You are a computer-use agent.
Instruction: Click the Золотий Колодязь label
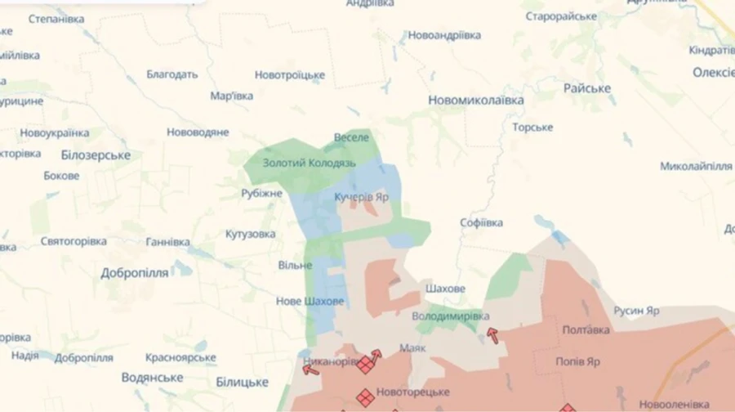[x=309, y=163]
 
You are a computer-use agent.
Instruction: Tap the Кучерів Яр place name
[x=362, y=197]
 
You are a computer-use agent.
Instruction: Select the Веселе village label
[x=352, y=137]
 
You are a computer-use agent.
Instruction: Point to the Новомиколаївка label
[x=476, y=100]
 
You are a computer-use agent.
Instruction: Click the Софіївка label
[x=481, y=222]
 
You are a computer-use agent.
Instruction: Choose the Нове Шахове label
[x=310, y=301]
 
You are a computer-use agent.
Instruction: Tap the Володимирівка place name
[x=451, y=316]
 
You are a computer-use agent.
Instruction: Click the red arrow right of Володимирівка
[x=492, y=334]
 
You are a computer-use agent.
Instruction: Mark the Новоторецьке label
[x=413, y=392]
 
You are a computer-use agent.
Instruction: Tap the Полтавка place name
[x=586, y=330]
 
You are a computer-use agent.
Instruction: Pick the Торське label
[x=532, y=128]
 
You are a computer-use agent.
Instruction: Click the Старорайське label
[x=561, y=16]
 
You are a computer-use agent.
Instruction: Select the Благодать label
[x=172, y=74]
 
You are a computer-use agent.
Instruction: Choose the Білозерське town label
[x=96, y=155]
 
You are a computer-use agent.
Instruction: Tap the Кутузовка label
[x=251, y=234]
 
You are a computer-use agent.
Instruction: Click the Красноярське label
[x=180, y=357]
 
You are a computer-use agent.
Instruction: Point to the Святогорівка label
[x=73, y=242]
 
